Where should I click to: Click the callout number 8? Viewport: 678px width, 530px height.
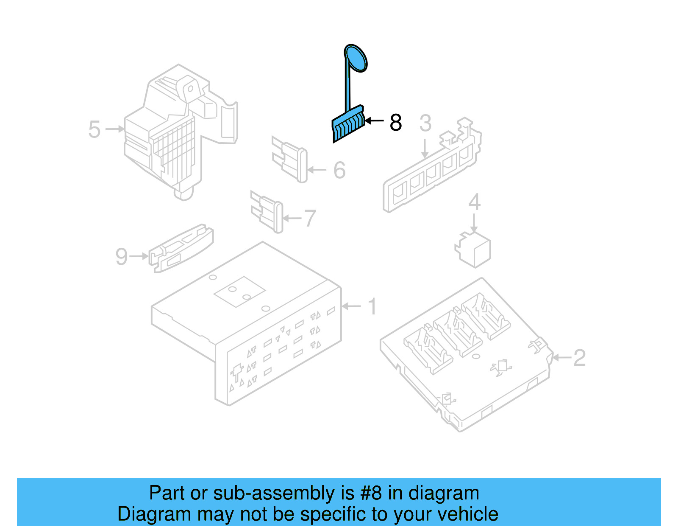(x=395, y=123)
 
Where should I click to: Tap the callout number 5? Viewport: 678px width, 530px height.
(x=94, y=129)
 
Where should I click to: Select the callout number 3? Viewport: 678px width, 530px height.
(x=425, y=123)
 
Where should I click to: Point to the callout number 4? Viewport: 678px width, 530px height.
(x=474, y=202)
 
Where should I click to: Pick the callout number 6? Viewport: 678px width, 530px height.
(x=339, y=170)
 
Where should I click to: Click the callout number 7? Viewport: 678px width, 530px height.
(x=310, y=219)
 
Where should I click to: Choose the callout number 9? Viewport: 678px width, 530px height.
(x=121, y=256)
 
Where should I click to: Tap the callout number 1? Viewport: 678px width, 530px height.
(x=372, y=306)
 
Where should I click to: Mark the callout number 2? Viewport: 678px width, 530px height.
(x=579, y=358)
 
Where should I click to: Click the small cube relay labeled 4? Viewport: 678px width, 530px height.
(x=473, y=250)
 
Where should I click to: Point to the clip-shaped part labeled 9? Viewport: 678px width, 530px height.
(x=181, y=248)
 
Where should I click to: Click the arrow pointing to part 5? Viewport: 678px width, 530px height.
(x=114, y=129)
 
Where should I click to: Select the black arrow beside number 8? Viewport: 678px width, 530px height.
(x=374, y=121)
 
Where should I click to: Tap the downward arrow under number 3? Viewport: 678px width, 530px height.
(x=425, y=148)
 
